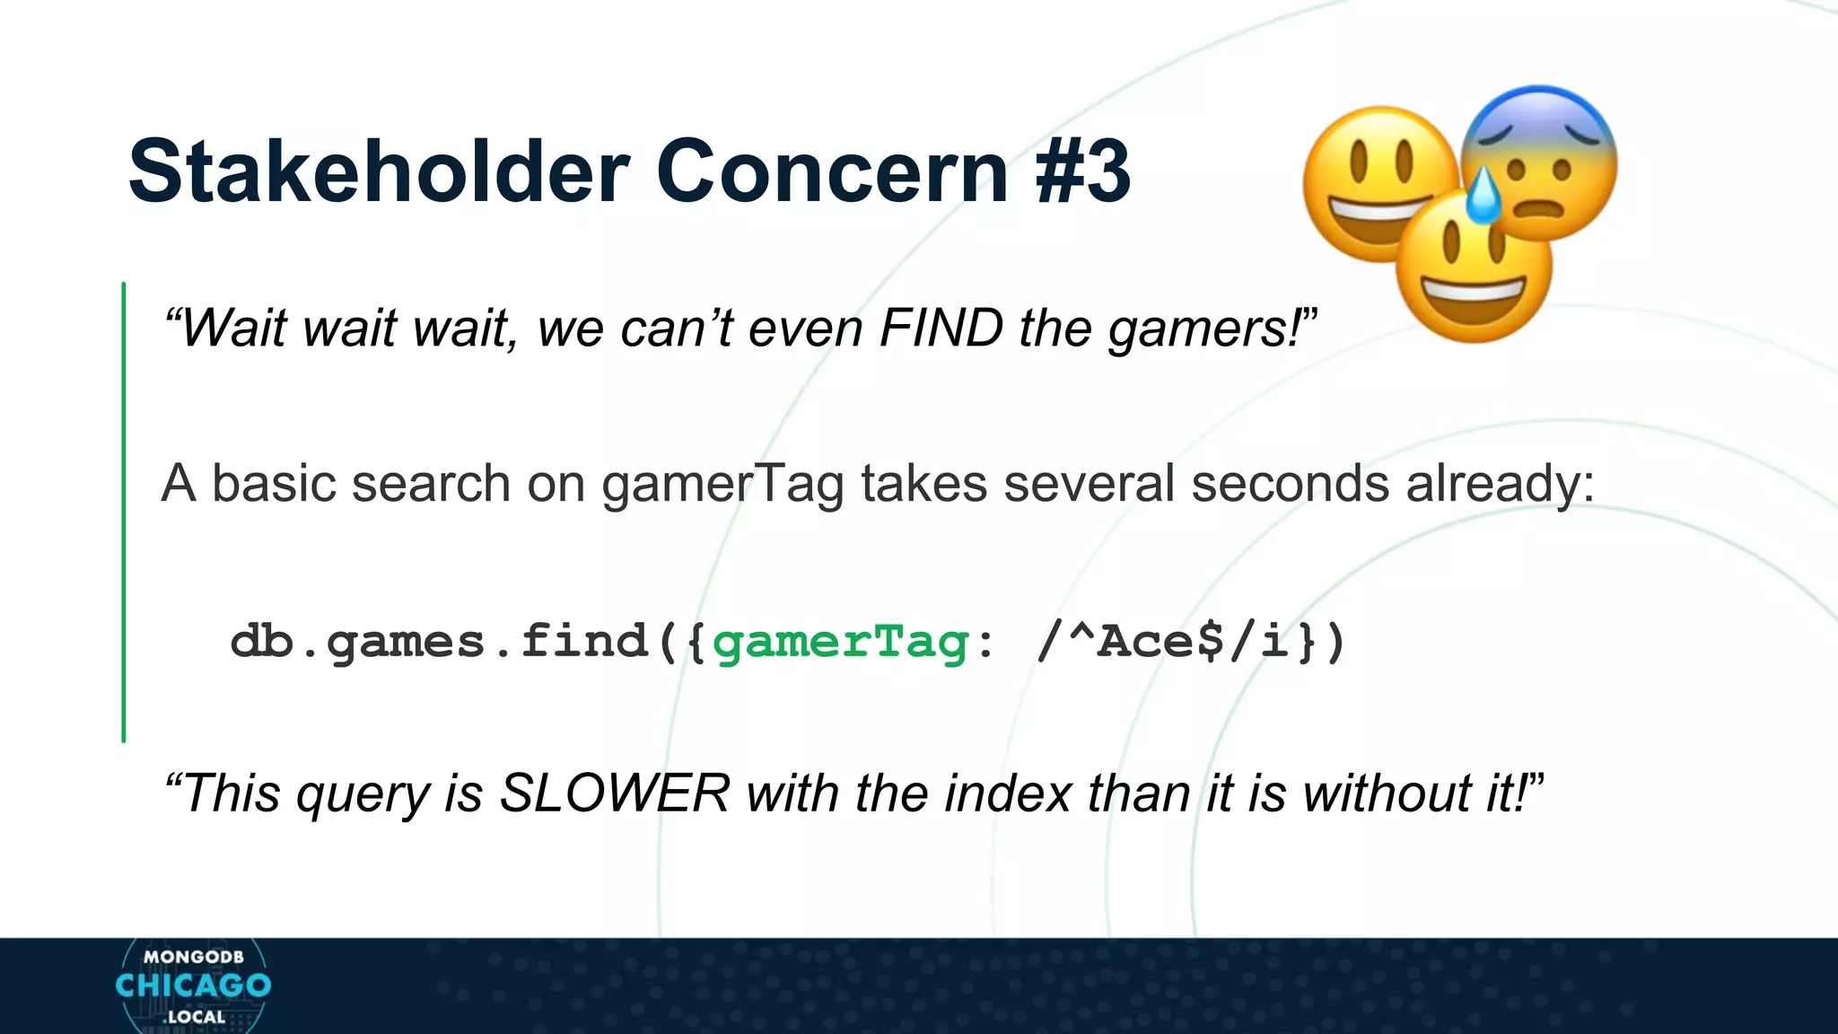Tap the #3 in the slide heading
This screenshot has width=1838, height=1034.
1082,171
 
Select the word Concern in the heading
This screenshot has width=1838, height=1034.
833,171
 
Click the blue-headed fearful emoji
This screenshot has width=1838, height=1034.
1540,162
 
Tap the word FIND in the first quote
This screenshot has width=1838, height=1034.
941,328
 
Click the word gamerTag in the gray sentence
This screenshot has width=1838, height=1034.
722,485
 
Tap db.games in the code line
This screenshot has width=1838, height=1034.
357,643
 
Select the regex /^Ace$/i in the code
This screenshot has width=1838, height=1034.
1163,643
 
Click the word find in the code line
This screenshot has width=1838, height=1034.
584,643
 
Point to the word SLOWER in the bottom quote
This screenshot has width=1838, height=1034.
615,793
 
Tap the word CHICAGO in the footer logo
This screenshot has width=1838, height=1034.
193,986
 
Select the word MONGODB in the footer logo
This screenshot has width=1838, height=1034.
193,957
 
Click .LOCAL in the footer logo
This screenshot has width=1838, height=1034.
194,1017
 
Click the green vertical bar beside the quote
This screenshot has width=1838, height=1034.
124,512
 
